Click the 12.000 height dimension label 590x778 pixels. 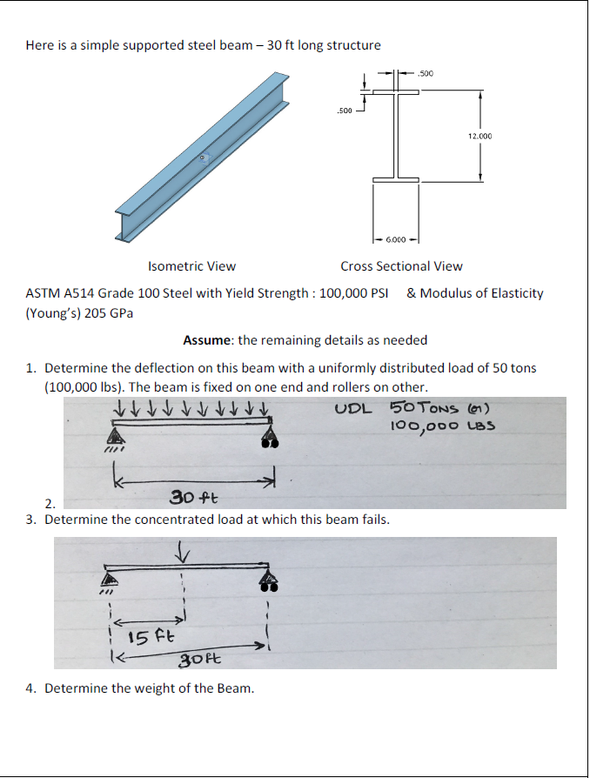tap(479, 137)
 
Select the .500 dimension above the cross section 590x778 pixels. tap(426, 74)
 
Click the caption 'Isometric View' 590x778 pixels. tap(191, 266)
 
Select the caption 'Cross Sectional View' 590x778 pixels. tap(401, 266)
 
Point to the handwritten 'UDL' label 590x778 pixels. tap(352, 408)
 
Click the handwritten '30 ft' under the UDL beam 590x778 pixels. tap(193, 498)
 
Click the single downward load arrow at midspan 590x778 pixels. tap(183, 551)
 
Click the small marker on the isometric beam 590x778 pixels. tap(204, 158)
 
